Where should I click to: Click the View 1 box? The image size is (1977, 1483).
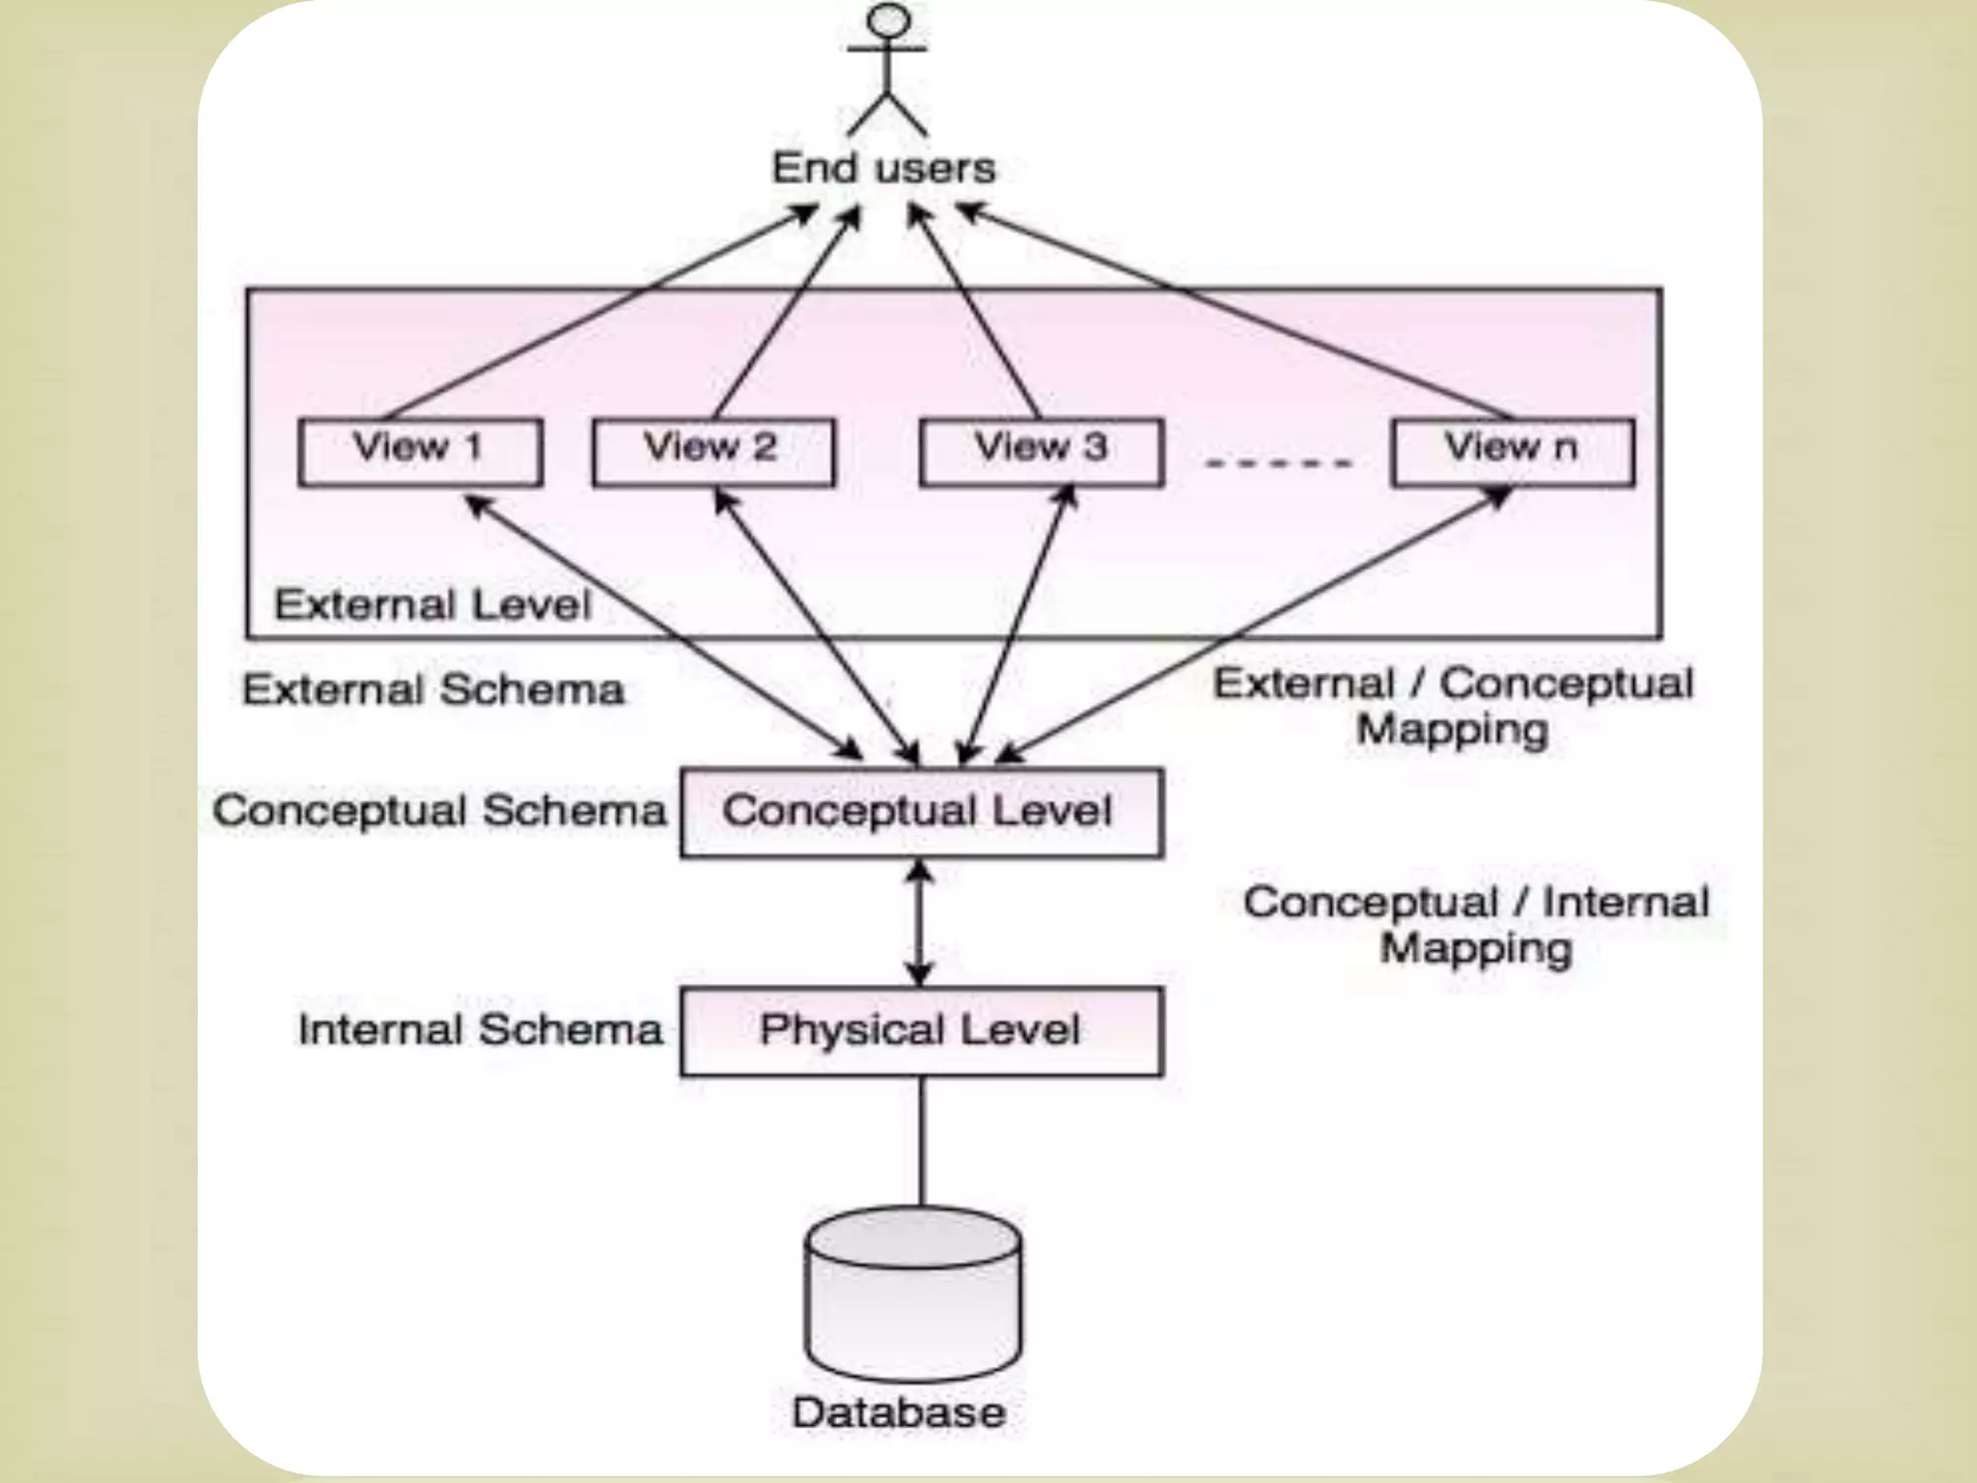click(x=420, y=451)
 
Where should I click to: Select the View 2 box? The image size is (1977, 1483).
click(x=713, y=451)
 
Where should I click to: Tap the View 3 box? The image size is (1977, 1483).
click(x=1041, y=451)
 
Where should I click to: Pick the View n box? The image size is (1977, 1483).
click(x=1512, y=451)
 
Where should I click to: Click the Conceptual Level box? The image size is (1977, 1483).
click(x=921, y=812)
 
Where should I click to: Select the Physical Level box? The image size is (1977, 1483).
click(x=921, y=1030)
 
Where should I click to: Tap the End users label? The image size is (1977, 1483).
click(x=883, y=168)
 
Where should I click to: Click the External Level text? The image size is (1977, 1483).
click(x=432, y=605)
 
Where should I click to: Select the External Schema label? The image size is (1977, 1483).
click(x=432, y=690)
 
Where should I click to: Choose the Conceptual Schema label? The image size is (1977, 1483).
click(x=439, y=811)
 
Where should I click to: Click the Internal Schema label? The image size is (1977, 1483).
click(x=480, y=1029)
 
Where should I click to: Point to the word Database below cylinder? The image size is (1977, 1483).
click(x=899, y=1413)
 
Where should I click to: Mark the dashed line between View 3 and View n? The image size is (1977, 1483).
click(x=1278, y=463)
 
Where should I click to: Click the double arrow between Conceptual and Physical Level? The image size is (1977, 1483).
click(x=919, y=922)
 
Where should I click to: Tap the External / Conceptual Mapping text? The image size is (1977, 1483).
click(x=1453, y=706)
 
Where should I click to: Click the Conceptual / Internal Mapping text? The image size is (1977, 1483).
click(x=1475, y=925)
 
